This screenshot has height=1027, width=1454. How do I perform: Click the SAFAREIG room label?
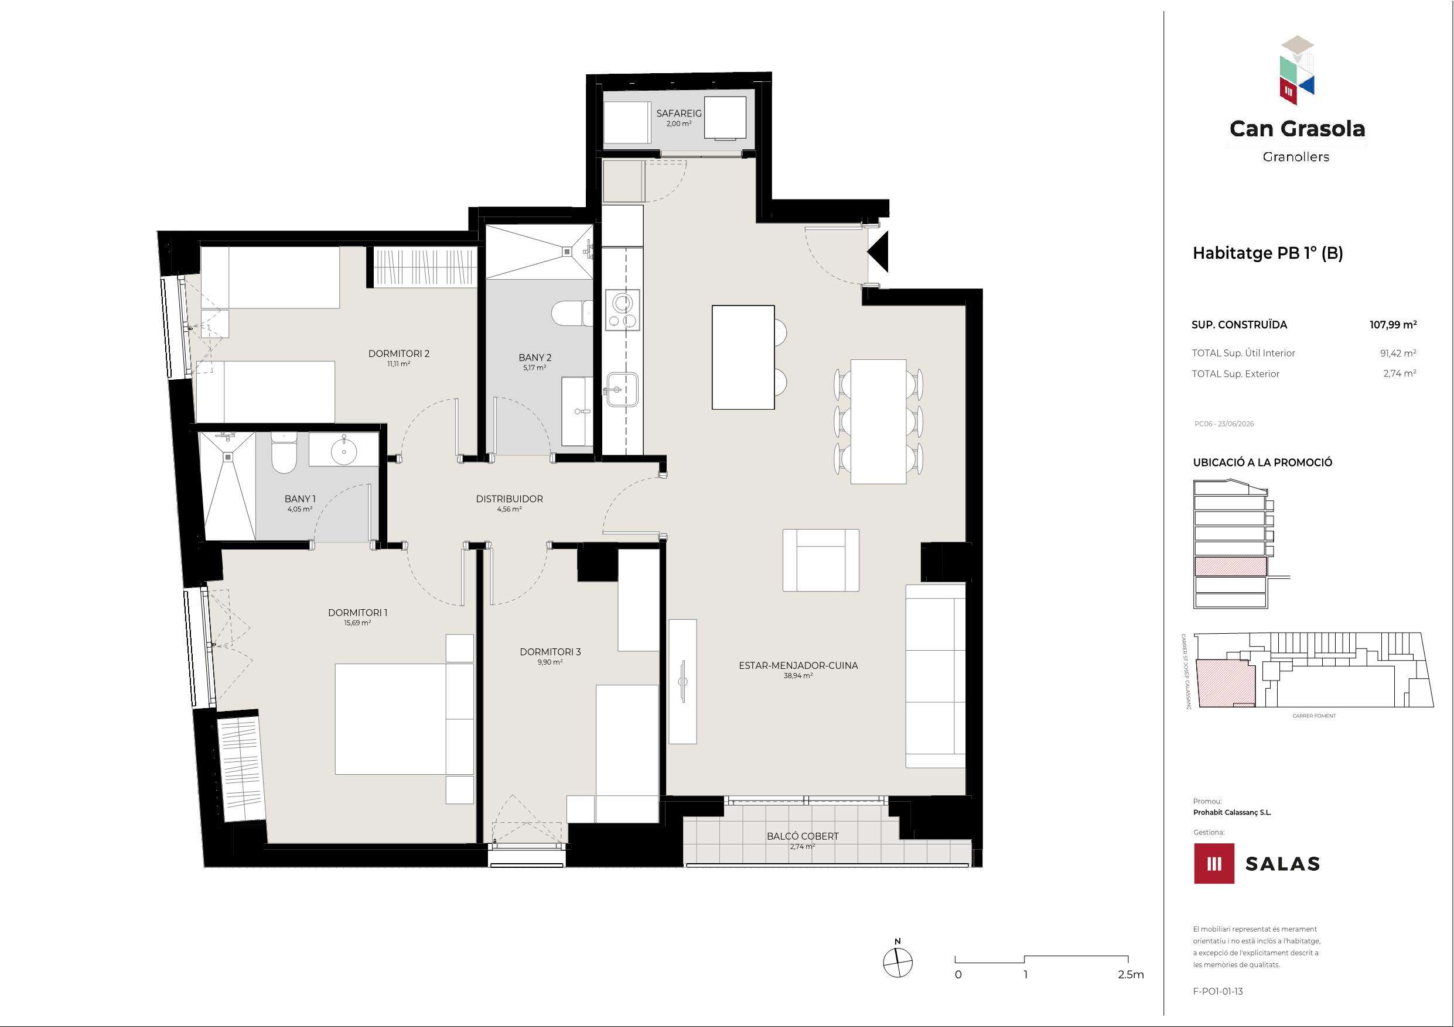(679, 114)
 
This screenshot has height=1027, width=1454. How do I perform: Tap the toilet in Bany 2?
(572, 312)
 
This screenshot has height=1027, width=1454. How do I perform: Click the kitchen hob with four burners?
(622, 310)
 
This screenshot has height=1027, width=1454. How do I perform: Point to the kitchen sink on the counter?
(622, 389)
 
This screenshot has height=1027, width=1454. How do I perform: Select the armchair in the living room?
(821, 560)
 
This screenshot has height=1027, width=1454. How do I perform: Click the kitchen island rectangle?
(743, 358)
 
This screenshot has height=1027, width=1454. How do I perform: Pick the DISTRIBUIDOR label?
(509, 499)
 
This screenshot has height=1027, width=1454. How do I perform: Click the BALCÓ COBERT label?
(803, 836)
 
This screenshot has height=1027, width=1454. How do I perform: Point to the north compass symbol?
(898, 963)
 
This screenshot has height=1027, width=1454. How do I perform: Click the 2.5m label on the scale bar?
(1131, 974)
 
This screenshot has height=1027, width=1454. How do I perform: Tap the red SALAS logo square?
(1214, 863)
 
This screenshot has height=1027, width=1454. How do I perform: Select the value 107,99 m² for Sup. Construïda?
(1393, 325)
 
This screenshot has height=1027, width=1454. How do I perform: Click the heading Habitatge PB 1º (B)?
(1268, 253)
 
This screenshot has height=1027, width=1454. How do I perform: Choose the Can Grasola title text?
(1297, 129)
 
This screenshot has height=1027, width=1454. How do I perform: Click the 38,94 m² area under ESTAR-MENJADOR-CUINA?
(798, 676)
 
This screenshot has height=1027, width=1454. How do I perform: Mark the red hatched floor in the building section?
(1230, 566)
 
